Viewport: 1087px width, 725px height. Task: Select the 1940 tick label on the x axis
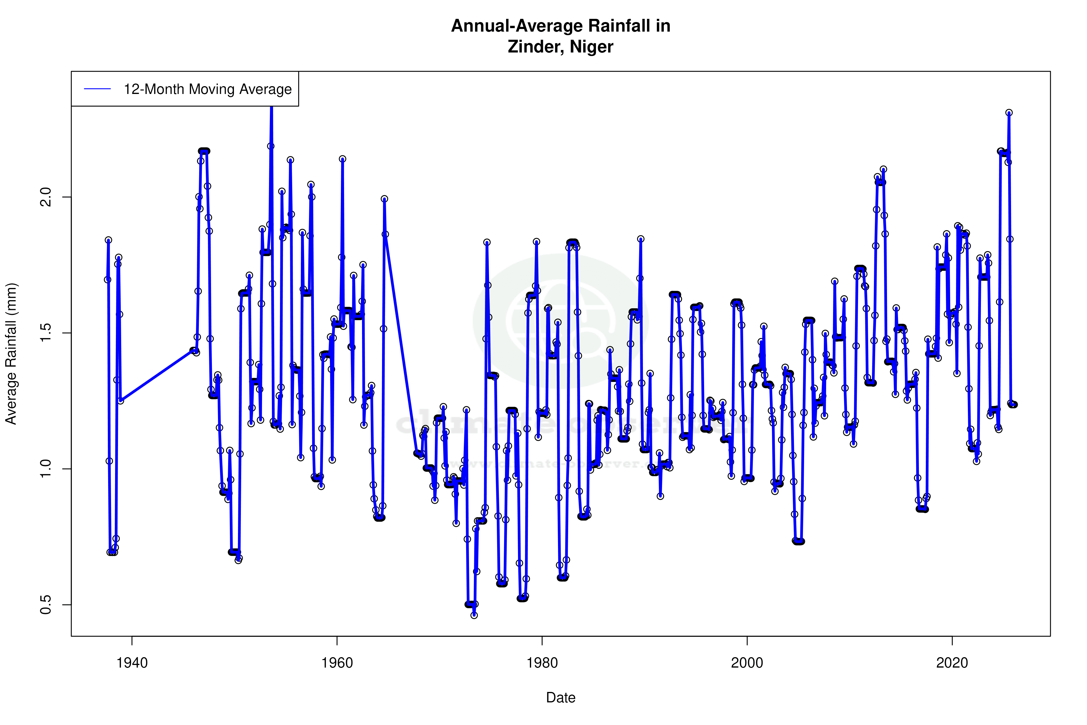tap(132, 663)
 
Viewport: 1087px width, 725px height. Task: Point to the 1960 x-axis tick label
tap(337, 663)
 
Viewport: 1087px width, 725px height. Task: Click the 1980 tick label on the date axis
tap(542, 663)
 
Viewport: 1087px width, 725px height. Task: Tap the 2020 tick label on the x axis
tap(952, 663)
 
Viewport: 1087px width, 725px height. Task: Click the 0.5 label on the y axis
tap(46, 604)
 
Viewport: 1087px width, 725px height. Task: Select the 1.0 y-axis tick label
tap(46, 469)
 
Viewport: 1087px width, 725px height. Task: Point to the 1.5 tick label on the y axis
tap(46, 333)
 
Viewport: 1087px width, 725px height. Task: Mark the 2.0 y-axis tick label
tap(46, 197)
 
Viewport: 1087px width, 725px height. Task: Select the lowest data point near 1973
tap(474, 615)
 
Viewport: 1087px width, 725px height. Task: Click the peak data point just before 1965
tap(384, 199)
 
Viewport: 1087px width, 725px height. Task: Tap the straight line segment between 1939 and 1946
tap(157, 376)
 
